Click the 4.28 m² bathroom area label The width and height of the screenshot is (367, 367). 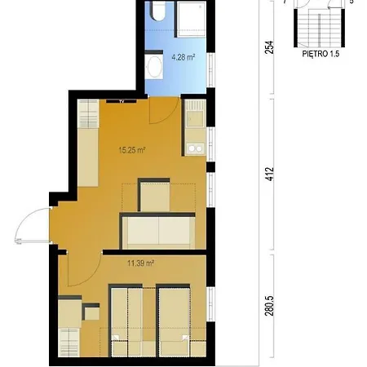point(183,57)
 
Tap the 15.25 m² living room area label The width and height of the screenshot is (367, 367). point(132,150)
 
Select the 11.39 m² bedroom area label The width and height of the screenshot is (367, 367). point(141,263)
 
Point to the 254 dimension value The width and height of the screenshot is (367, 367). point(269,47)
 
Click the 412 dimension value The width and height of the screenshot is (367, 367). point(269,174)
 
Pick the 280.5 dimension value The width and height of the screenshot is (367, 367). point(269,306)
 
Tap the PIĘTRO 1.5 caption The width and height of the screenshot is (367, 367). point(321,54)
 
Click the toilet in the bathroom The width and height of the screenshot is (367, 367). point(158,11)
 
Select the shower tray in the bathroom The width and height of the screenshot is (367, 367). point(192,19)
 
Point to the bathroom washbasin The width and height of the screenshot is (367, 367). point(154,67)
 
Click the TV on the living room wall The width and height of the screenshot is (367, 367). point(122,101)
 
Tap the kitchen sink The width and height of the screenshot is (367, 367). point(195,114)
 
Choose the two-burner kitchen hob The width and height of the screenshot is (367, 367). point(196,148)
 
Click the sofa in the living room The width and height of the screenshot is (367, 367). point(157,231)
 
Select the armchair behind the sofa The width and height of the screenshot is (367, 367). point(154,195)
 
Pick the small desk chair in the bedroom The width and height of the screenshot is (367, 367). point(91,312)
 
